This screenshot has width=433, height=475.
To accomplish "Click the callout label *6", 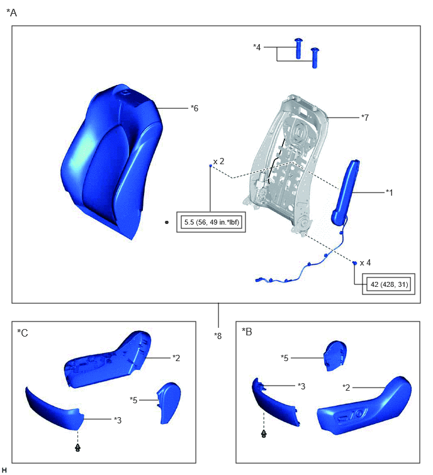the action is coord(194,108).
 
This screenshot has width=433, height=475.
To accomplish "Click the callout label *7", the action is coord(365,118).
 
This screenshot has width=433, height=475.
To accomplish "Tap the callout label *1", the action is coord(389,193).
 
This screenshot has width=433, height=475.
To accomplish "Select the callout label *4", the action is coord(257,47).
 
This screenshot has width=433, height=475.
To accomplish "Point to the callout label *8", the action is coord(218,336).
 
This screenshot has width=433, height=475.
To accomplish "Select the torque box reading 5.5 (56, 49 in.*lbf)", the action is coord(211,222).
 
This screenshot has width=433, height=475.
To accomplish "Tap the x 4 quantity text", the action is coord(365,262).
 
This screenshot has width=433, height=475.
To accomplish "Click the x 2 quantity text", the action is coord(218,162).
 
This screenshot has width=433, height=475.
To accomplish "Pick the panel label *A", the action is coord(11,13).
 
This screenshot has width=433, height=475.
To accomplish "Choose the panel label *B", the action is coord(247,332).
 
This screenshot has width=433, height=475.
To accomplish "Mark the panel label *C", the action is coord(23,333).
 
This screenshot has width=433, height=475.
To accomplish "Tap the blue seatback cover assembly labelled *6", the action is coord(112,161).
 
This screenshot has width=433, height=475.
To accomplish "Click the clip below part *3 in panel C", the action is coord(77,447).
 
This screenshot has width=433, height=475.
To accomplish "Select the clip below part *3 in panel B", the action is coord(264,434).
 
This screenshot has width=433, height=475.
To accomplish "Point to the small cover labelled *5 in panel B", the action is coord(335,355).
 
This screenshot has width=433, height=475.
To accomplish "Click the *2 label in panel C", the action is coord(176,358).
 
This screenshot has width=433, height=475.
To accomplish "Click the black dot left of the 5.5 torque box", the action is coord(167,222).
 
